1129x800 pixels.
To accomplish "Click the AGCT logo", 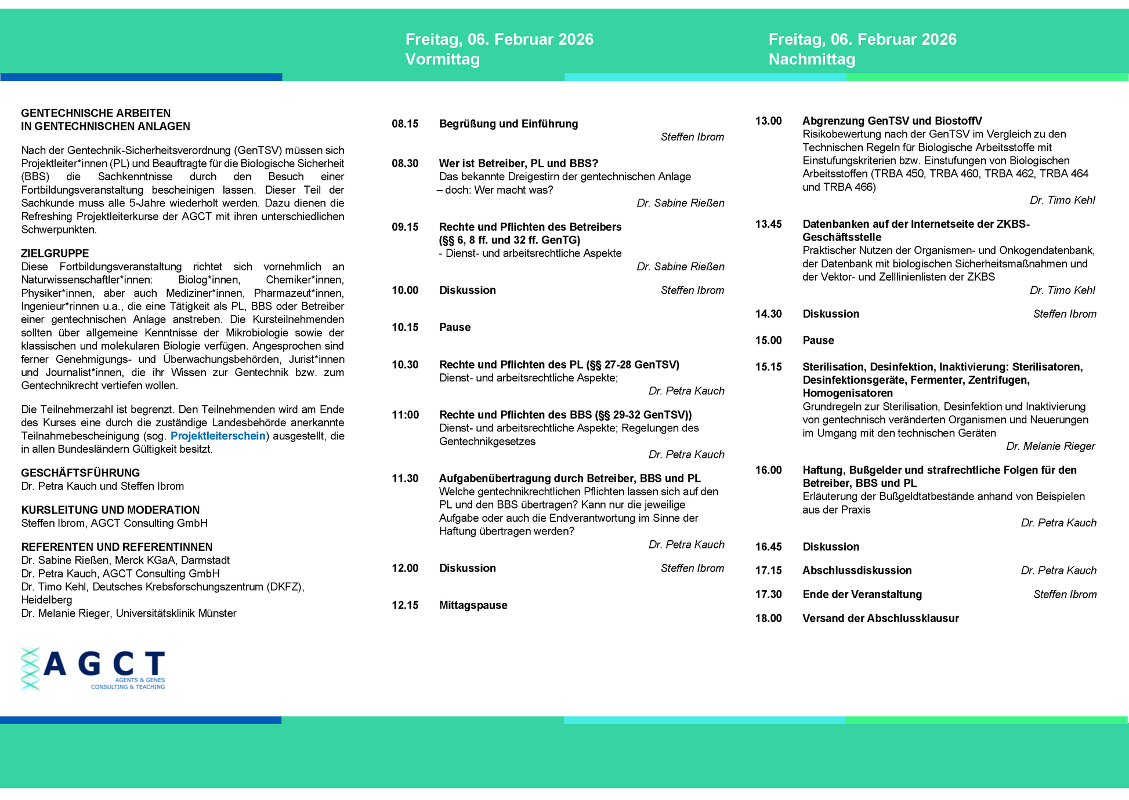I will click(x=93, y=668).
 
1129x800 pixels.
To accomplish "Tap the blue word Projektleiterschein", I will click(x=218, y=436).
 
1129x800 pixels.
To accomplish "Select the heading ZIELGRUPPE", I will click(x=55, y=253).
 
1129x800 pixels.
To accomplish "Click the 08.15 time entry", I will click(x=405, y=123).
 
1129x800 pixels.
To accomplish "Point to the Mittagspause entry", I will click(x=473, y=605).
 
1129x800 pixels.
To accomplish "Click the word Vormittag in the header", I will click(x=442, y=59).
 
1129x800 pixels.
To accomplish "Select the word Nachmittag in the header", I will click(x=812, y=59).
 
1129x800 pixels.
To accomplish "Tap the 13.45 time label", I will click(x=768, y=224).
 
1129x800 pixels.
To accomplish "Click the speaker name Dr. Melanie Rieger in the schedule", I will click(x=1050, y=446).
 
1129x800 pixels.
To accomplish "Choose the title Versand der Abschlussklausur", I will click(x=880, y=619).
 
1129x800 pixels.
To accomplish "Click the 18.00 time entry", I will click(x=768, y=619).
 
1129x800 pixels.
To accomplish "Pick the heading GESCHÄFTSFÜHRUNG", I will click(x=80, y=473).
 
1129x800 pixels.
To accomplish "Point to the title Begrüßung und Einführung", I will click(x=508, y=123).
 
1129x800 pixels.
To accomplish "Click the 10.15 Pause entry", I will click(x=455, y=328).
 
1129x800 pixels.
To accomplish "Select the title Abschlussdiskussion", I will click(x=857, y=570).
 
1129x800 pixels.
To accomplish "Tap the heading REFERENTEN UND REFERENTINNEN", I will click(x=117, y=547).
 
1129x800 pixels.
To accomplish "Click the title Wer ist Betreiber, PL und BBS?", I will click(x=518, y=163).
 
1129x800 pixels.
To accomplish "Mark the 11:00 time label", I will click(x=405, y=415).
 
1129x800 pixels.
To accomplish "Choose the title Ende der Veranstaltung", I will click(x=862, y=595).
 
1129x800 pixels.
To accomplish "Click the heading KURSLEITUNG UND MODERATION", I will click(x=110, y=510).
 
